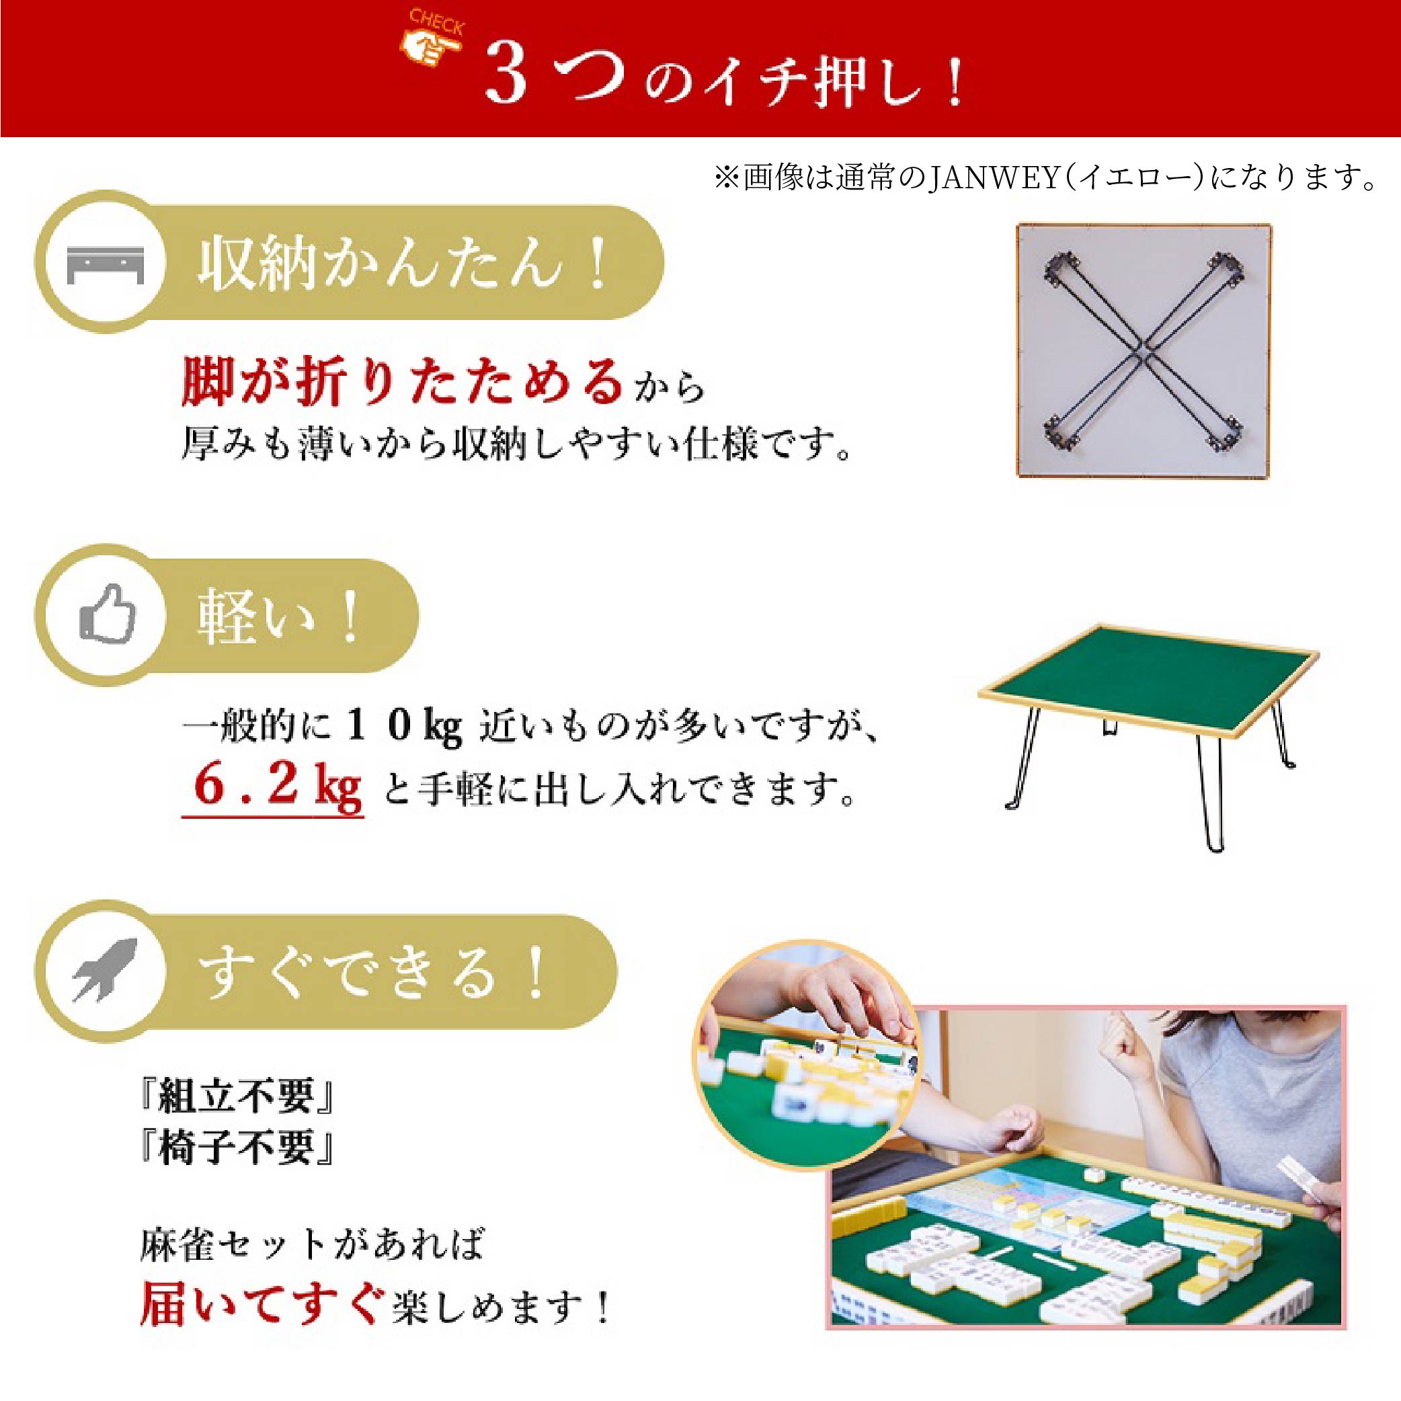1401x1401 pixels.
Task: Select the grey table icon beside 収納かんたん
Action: (x=105, y=264)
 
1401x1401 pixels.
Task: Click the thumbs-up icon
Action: (x=108, y=616)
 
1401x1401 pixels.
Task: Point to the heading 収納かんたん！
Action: (x=403, y=264)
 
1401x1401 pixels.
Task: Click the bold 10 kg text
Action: (x=403, y=725)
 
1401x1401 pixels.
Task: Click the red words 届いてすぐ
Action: (x=261, y=1305)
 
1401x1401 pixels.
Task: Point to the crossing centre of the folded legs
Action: (x=1143, y=351)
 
